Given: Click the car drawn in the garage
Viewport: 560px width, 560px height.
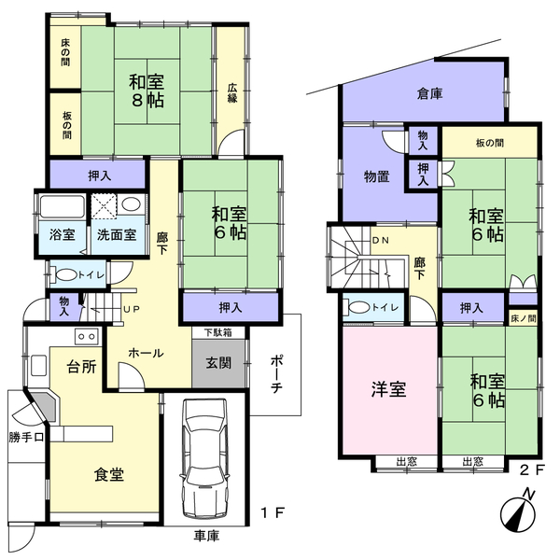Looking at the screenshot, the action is point(204,458).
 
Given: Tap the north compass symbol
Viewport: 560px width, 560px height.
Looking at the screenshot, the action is point(519,512).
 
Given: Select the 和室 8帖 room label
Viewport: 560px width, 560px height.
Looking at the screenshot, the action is point(147,91).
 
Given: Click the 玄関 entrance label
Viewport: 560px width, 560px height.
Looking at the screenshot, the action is point(218,363).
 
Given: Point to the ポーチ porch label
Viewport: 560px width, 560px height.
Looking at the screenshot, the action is point(277,373).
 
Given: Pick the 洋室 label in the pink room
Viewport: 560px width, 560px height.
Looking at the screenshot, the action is point(389,389).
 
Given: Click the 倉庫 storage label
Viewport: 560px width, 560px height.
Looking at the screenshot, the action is point(430,93).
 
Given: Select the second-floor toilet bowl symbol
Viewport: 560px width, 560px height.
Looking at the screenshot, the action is point(358,307).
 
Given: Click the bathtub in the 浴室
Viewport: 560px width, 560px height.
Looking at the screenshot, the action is point(62,206).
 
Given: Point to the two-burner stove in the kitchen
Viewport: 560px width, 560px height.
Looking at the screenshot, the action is point(86,336).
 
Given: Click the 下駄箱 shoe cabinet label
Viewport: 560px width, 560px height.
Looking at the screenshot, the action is point(218,332).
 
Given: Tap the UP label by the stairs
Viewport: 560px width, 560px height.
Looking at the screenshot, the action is point(131,309).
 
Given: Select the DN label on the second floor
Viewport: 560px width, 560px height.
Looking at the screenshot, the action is point(381,241).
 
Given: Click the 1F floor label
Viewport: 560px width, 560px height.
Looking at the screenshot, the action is point(273,513).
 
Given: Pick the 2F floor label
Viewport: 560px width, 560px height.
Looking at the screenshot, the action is point(532,469).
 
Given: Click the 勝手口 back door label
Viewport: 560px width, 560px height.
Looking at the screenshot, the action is point(26,437).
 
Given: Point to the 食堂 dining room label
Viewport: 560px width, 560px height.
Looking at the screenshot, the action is point(109,475).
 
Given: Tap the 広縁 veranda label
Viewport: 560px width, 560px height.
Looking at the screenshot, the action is point(232,93).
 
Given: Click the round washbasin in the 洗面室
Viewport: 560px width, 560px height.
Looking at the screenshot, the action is point(131,204).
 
